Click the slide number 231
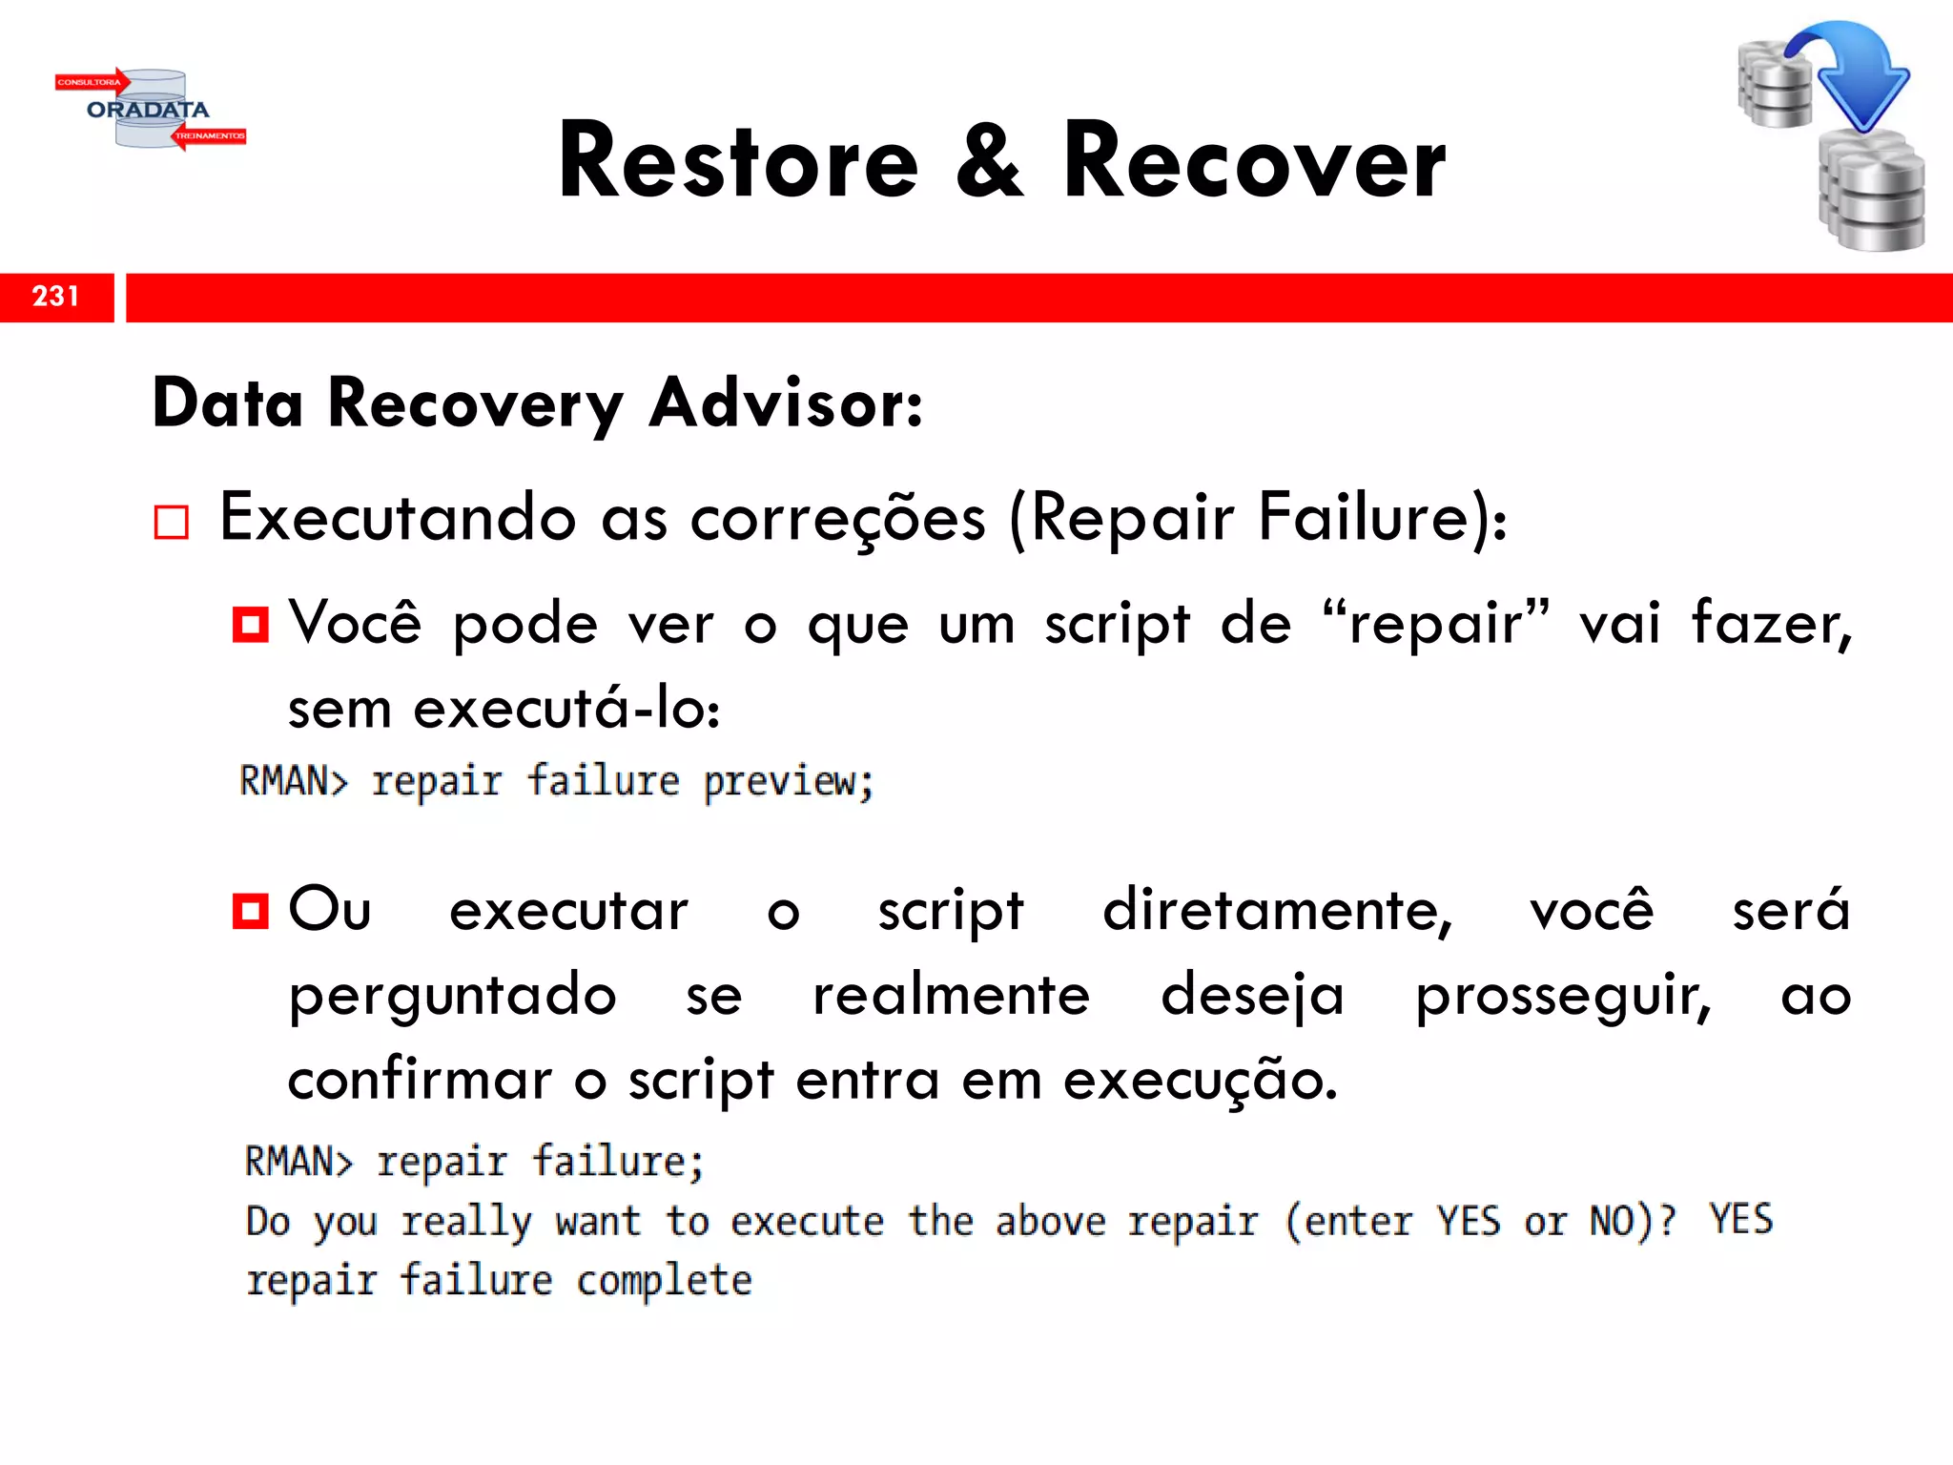55,297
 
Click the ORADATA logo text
148,110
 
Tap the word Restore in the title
738,162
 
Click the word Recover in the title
1254,162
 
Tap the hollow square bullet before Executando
172,523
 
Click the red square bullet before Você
251,626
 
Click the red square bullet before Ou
251,911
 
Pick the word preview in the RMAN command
788,782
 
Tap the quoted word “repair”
1436,625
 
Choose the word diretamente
1277,911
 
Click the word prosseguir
1563,997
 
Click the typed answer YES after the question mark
1740,1220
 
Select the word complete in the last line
664,1280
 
